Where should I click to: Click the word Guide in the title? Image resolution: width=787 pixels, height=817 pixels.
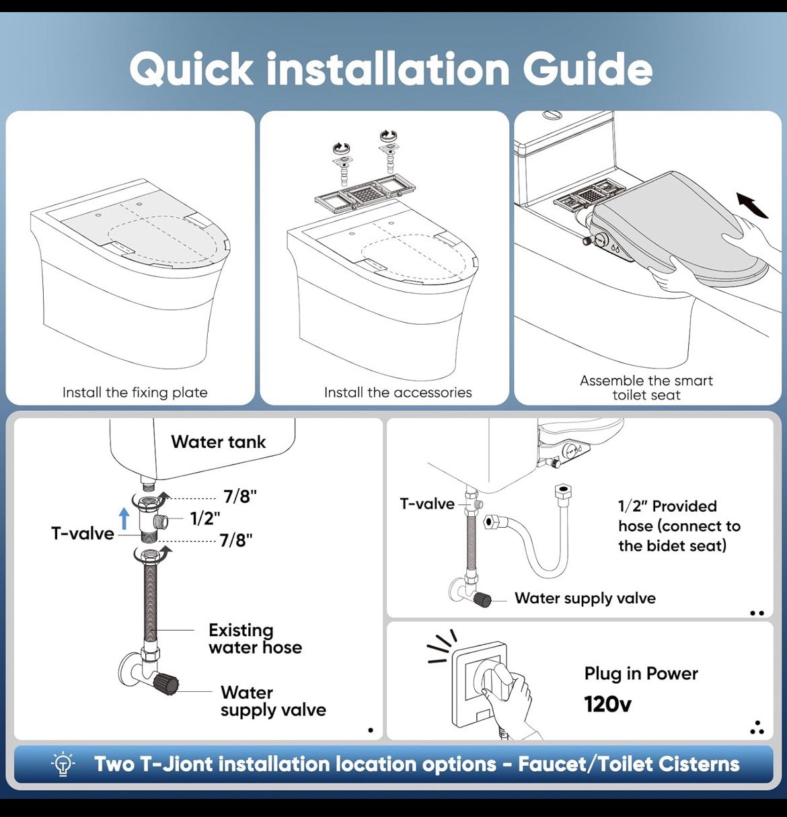(x=587, y=69)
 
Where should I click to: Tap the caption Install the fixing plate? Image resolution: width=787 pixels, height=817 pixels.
(x=135, y=393)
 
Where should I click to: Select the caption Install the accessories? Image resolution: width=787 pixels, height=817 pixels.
(x=398, y=393)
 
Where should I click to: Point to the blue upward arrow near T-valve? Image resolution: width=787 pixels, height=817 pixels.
(x=124, y=518)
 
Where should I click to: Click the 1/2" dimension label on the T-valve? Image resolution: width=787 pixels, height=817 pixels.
(x=205, y=518)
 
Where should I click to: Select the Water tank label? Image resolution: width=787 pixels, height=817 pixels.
(x=218, y=442)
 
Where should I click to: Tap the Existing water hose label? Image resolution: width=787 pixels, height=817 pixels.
(x=254, y=639)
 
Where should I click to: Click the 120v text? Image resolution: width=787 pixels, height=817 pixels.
(x=607, y=704)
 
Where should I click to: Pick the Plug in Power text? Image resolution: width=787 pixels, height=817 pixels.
(x=640, y=673)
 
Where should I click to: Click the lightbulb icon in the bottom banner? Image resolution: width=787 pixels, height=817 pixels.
(x=63, y=765)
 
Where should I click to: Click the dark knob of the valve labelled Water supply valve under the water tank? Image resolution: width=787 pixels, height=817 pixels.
(x=165, y=684)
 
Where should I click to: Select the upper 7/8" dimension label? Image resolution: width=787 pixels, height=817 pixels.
(x=240, y=496)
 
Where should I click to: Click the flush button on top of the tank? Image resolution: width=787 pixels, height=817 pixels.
(x=552, y=115)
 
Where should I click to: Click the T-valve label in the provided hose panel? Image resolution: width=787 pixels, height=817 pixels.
(x=426, y=504)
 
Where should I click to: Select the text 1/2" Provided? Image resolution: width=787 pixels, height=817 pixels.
(x=667, y=506)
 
